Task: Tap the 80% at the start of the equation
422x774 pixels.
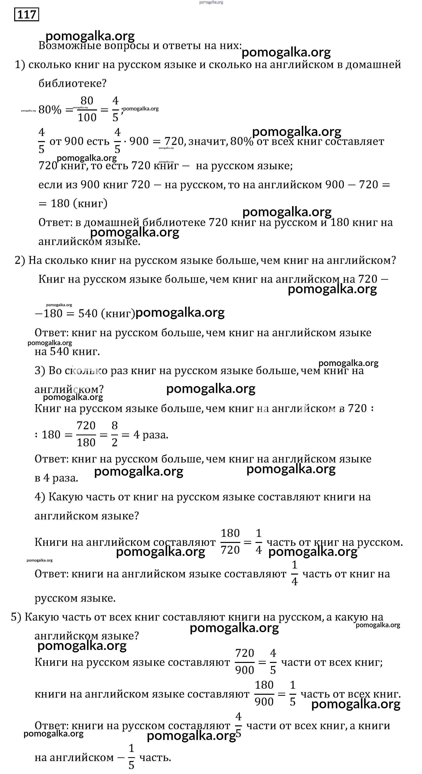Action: [x=50, y=110]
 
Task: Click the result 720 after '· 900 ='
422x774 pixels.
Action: [x=174, y=141]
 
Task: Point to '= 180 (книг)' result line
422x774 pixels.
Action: [x=73, y=203]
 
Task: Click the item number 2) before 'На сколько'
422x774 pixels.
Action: [x=20, y=260]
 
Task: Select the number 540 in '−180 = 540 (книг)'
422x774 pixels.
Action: [x=88, y=313]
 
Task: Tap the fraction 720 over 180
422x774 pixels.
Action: [x=86, y=434]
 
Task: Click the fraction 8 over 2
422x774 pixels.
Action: [x=114, y=434]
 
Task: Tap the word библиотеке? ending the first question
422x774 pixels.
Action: [x=72, y=83]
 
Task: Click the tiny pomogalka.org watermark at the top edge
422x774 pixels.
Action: [x=211, y=2]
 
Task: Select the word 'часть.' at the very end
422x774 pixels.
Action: [x=155, y=757]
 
